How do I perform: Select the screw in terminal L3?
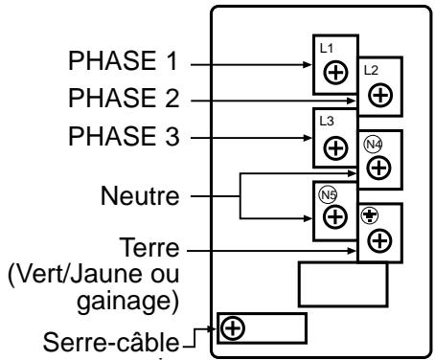(x=336, y=148)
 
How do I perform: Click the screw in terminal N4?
(x=379, y=167)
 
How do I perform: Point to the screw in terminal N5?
(x=336, y=216)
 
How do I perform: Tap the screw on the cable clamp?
(x=231, y=327)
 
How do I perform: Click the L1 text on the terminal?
(x=325, y=46)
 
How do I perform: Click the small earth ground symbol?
(x=367, y=216)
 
